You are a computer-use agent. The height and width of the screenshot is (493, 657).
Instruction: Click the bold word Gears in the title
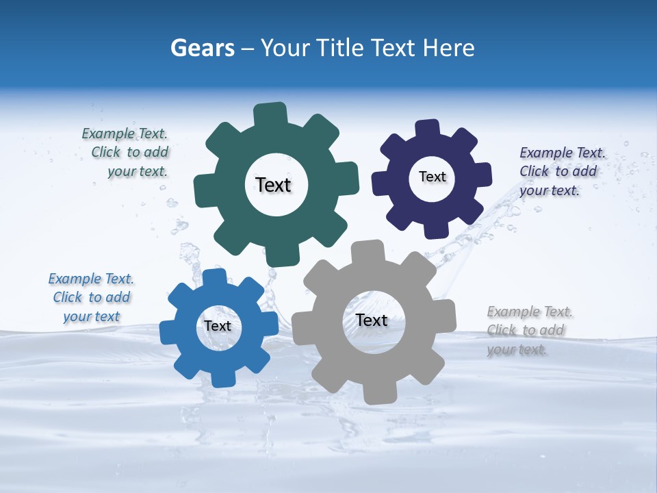click(x=202, y=48)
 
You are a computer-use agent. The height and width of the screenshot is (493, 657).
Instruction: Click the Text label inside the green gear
click(x=273, y=185)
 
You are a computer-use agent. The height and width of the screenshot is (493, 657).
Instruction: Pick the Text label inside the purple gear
click(x=432, y=177)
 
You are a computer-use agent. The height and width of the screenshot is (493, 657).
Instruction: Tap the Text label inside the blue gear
click(x=218, y=326)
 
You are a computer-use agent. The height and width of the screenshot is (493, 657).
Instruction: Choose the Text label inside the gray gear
click(x=372, y=320)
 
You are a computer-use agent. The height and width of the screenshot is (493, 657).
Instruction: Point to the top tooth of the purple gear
click(x=428, y=129)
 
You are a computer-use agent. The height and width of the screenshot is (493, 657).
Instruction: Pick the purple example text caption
click(x=562, y=171)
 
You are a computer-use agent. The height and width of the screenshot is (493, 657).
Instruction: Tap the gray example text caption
click(x=530, y=330)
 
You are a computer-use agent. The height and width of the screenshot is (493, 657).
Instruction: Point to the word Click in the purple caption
click(x=534, y=172)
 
